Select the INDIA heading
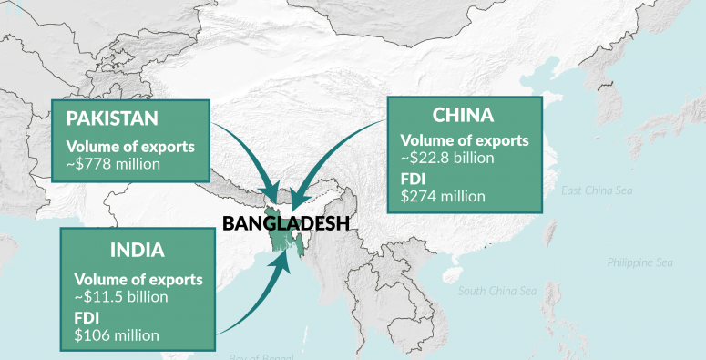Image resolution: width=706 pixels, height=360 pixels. coord(138,249)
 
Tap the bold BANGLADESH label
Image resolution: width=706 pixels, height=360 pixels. coord(286,222)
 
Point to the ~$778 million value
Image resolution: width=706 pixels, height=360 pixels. coord(114,164)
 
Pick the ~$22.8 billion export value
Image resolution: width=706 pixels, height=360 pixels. coord(446,158)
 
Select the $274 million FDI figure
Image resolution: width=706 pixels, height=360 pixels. coord(443,194)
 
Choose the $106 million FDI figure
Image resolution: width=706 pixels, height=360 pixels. coord(117,334)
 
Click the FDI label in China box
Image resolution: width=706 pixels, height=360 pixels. coord(414,178)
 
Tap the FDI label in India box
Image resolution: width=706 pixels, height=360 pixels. coord(87,317)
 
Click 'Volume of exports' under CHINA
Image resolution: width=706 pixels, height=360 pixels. coord(465,140)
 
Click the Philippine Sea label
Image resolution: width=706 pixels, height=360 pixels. coord(639,262)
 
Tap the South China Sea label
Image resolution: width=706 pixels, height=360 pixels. coord(497,292)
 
